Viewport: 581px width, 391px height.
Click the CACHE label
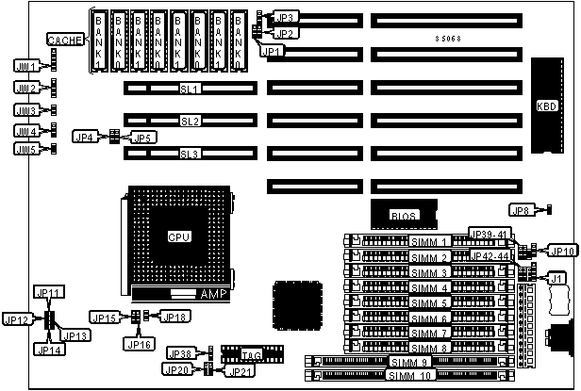(65, 40)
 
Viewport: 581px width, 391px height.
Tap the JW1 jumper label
(26, 67)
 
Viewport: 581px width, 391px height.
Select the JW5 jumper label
(25, 149)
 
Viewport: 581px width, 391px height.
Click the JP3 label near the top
(285, 17)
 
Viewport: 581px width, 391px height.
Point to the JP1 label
(271, 50)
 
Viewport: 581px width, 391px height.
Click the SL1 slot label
(190, 89)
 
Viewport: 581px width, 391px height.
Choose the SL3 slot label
(190, 154)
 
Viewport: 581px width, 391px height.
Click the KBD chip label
(547, 105)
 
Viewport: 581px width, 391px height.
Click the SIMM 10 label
(408, 375)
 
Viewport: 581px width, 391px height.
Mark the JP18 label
(174, 317)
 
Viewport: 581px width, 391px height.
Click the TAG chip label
(251, 355)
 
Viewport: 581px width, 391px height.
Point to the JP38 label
(182, 353)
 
